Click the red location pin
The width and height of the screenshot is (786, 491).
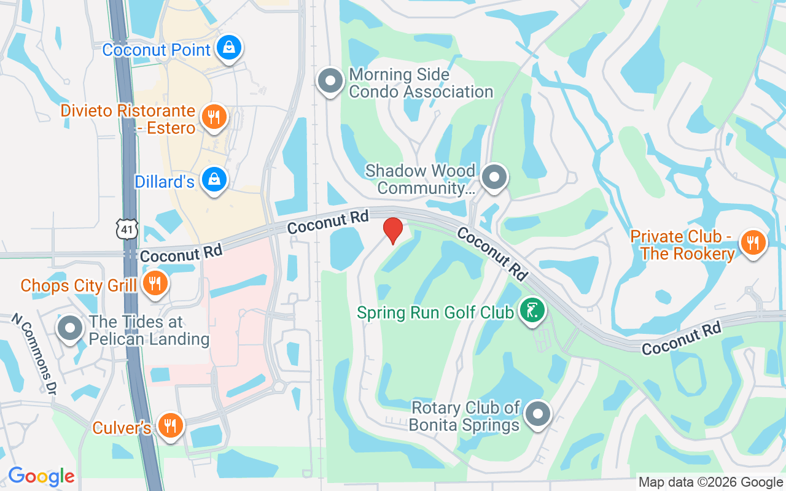point(393,230)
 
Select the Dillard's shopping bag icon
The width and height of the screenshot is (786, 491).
point(214,180)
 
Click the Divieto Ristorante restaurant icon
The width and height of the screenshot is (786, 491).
point(213,117)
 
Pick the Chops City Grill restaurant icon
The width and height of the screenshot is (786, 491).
point(156,284)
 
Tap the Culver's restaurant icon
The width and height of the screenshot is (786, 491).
point(169,425)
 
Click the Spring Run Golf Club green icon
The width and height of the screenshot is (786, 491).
point(531,311)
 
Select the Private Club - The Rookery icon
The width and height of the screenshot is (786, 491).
point(752,242)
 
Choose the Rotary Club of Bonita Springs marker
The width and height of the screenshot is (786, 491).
point(539,414)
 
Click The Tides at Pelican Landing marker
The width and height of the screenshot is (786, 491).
point(70,328)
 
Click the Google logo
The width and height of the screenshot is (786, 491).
point(41,476)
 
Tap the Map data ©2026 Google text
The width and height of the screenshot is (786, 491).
point(710,482)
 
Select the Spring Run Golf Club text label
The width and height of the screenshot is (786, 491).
point(435,312)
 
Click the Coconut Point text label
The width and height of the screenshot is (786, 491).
point(157,50)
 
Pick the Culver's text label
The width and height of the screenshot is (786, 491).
point(122,427)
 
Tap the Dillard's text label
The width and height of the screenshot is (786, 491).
point(165,182)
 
